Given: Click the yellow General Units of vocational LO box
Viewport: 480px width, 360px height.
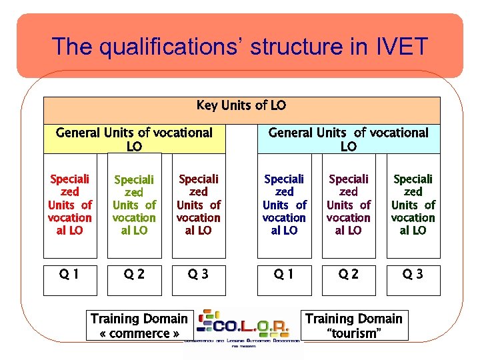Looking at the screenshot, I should [134, 139].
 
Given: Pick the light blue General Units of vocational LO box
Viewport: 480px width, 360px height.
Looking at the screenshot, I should [348, 139].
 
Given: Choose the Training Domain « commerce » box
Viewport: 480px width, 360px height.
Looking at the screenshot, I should [139, 325].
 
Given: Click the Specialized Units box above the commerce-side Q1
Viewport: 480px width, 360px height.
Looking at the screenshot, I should [70, 205].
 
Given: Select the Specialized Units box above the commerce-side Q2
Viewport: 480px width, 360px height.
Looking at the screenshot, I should [134, 205].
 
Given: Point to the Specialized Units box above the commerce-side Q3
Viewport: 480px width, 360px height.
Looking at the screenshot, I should [198, 205].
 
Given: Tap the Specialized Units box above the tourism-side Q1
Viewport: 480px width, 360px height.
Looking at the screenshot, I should [284, 205].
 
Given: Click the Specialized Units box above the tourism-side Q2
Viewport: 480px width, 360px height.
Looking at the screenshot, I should [348, 205].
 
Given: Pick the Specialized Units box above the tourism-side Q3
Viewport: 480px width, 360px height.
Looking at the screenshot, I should [413, 205].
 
